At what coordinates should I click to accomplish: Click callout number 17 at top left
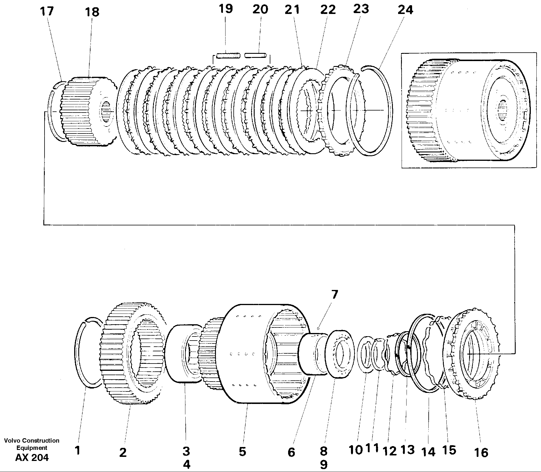[x=47, y=12]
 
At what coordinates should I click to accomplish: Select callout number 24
[x=405, y=10]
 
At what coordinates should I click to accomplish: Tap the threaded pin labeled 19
[x=228, y=55]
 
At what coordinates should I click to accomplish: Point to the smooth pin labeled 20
[x=255, y=55]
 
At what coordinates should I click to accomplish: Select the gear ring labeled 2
[x=122, y=353]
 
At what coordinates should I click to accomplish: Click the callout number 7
[x=334, y=295]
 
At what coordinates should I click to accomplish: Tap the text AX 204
[x=32, y=457]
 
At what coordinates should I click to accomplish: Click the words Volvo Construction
[x=32, y=441]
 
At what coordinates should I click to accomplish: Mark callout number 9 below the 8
[x=324, y=464]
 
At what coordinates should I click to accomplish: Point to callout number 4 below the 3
[x=186, y=464]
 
